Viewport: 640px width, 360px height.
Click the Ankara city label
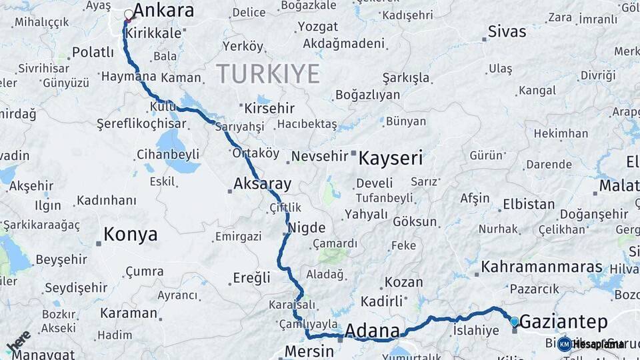[x=163, y=11]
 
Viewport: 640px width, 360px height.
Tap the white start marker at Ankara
[x=129, y=14]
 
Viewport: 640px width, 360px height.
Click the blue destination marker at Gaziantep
[x=514, y=322]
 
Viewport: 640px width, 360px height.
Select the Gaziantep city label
[x=563, y=322]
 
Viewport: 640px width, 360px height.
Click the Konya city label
[x=131, y=234]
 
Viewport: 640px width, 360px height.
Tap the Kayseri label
[x=391, y=158]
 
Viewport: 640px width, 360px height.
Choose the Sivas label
[x=507, y=31]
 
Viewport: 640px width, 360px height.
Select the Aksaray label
[x=263, y=184]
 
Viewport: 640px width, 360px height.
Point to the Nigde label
[x=307, y=227]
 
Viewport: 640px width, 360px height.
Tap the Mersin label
[x=309, y=351]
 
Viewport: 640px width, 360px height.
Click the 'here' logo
[x=19, y=341]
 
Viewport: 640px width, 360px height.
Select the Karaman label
[x=129, y=313]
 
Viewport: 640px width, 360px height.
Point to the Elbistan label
[x=528, y=204]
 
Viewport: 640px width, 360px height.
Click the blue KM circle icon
[x=565, y=344]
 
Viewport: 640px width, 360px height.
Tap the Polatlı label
[x=93, y=52]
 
